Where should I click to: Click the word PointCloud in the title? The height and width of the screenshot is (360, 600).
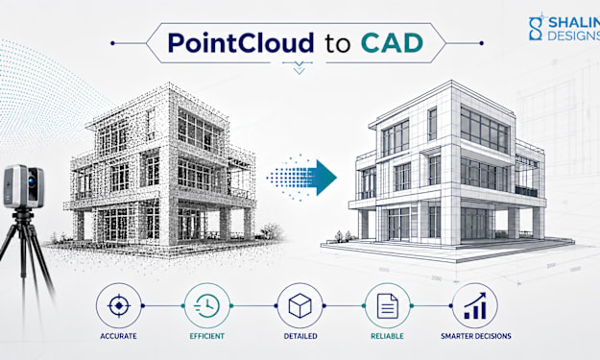[241, 42]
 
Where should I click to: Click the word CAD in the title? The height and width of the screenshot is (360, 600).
[392, 43]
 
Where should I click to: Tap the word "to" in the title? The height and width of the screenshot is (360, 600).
[338, 44]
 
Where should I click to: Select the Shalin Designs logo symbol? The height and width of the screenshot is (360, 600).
[536, 28]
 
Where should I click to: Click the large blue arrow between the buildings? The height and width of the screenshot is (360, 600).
[302, 178]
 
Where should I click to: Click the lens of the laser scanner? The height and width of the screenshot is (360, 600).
[32, 181]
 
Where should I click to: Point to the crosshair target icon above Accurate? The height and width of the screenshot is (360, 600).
[119, 305]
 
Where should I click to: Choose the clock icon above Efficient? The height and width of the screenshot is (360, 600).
[207, 305]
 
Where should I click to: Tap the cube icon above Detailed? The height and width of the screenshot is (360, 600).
[300, 305]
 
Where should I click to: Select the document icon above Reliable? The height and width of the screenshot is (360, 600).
[387, 306]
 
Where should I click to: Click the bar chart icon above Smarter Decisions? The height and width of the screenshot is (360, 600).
[475, 305]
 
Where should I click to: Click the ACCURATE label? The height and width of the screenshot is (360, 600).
[118, 336]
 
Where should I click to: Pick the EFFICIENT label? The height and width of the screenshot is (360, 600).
[207, 336]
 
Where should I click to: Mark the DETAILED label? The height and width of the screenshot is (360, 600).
[300, 336]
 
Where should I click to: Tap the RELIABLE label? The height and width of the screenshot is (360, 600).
[387, 336]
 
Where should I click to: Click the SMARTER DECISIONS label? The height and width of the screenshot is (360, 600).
[475, 336]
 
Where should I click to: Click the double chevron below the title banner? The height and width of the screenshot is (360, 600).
[300, 68]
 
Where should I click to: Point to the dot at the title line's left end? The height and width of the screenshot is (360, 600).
[112, 43]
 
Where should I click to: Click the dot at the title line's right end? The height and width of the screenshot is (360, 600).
[481, 43]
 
